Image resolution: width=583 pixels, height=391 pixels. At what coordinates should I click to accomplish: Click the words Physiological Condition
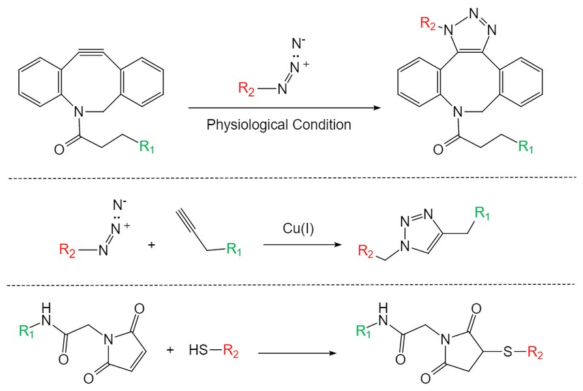(278, 124)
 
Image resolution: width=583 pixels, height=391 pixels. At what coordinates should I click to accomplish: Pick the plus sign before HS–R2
(171, 350)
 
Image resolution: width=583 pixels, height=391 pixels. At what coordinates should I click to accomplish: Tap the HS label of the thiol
(195, 351)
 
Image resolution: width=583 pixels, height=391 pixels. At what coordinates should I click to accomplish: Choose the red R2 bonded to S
(535, 352)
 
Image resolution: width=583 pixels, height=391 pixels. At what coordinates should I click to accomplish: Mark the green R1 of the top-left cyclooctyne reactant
(147, 147)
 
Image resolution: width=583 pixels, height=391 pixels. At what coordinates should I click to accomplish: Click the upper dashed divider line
(291, 177)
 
